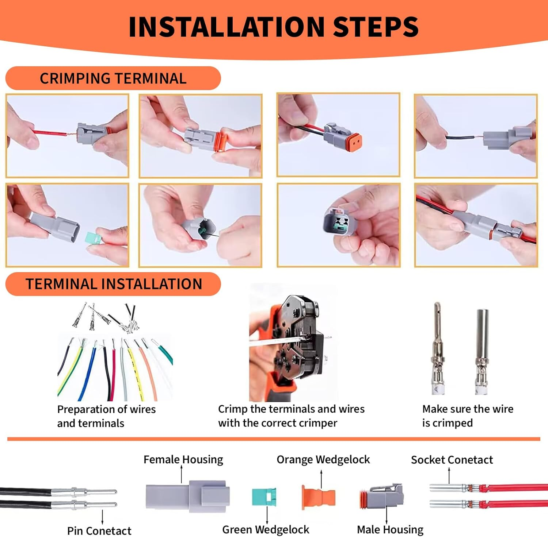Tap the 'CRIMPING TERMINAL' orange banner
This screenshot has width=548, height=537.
113,78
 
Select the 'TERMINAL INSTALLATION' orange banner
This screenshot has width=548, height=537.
113,284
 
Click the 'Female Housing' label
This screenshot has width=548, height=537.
183,459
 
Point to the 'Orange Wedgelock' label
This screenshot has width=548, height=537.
323,459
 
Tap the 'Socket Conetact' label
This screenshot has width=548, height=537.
452,460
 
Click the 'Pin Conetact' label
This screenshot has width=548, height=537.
99,530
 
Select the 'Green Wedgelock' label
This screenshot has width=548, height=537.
266,529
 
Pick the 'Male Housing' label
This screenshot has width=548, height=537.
390,529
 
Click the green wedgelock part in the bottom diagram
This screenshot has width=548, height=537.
264,497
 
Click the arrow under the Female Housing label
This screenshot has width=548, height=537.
182,474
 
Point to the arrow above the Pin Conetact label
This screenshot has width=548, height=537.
102,517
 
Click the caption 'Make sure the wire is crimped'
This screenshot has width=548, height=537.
467,416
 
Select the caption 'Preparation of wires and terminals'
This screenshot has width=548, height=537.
106,416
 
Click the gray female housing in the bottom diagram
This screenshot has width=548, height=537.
187,496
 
